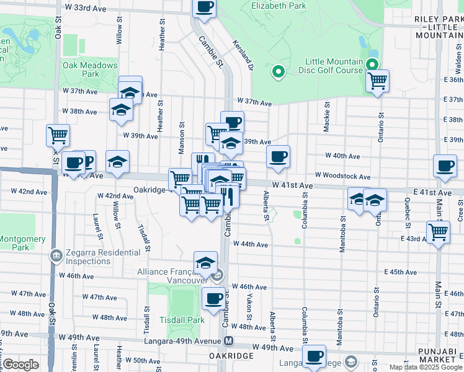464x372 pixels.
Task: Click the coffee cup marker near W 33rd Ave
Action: [x=204, y=7]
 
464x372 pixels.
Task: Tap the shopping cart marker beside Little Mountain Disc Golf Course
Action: [x=377, y=80]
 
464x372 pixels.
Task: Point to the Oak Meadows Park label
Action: [x=89, y=69]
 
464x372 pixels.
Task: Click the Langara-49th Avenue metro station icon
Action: [x=229, y=340]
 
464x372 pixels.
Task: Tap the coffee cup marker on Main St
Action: [x=445, y=166]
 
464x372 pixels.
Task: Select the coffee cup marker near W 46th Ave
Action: [x=214, y=299]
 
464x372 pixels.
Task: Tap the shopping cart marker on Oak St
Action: [x=58, y=135]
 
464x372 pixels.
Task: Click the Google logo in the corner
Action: [x=22, y=365]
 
